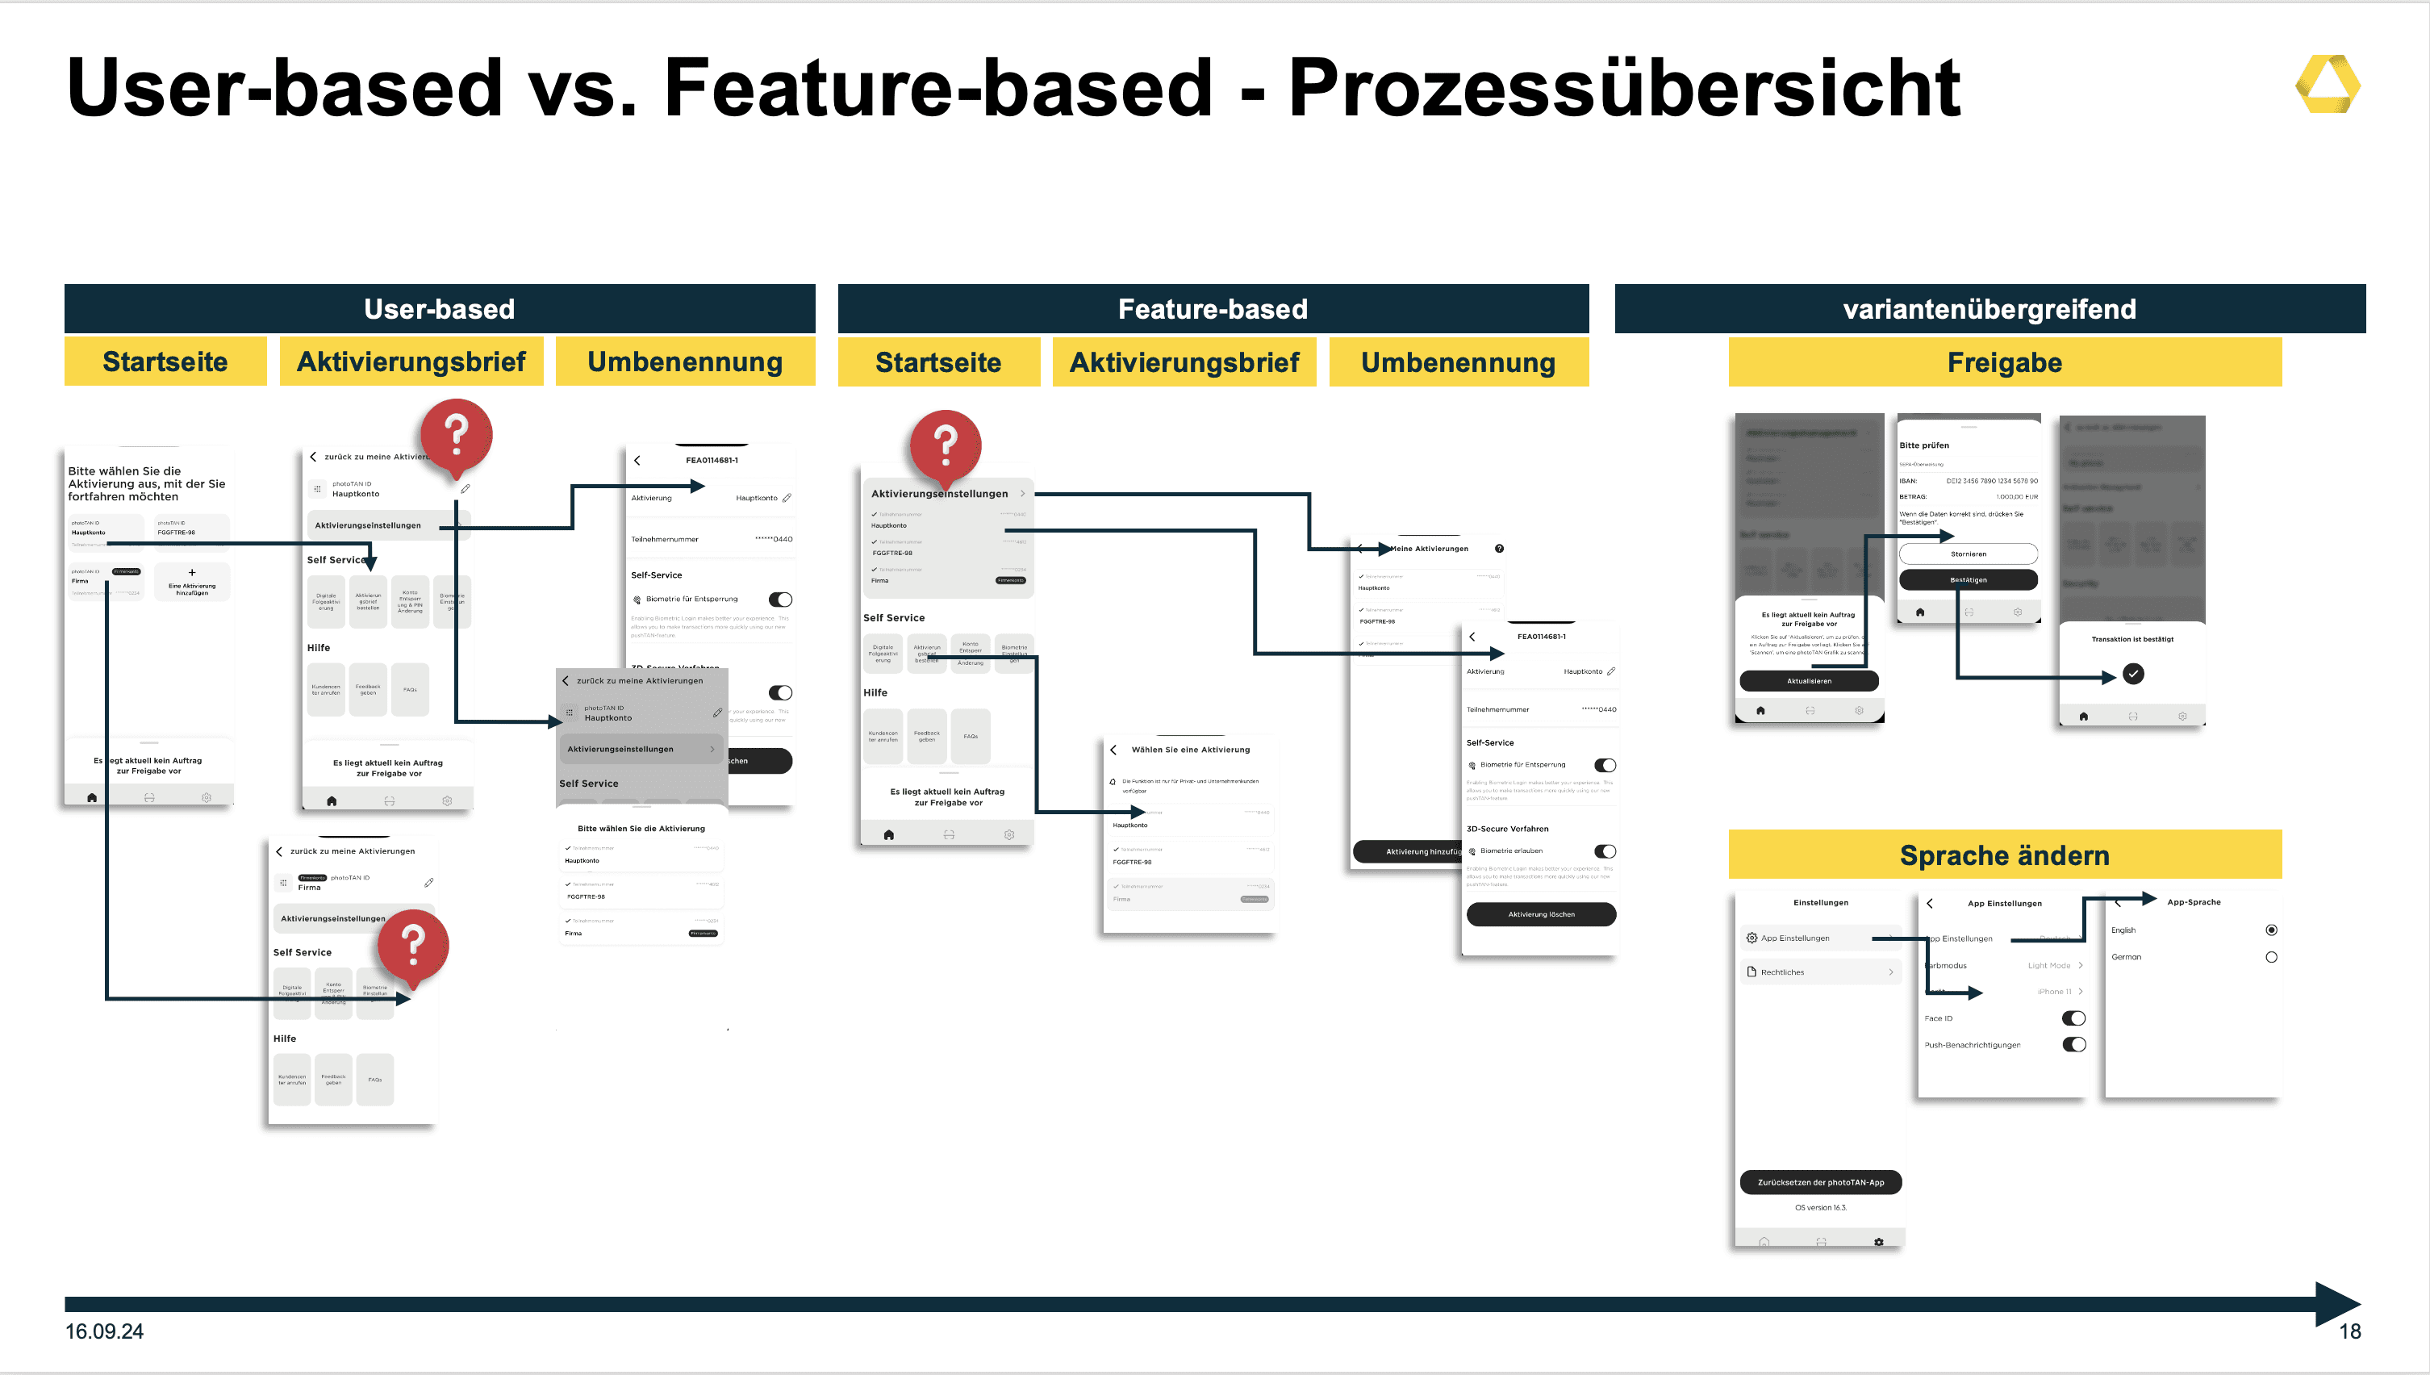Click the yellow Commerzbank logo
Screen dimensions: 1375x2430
(2327, 85)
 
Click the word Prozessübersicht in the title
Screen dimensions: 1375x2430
(1624, 88)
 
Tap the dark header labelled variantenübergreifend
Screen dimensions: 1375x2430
(1990, 309)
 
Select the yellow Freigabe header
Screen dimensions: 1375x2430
(2004, 362)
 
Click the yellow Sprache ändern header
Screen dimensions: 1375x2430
(2004, 855)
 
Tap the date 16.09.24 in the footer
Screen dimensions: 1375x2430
(104, 1331)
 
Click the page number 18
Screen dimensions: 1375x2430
(2349, 1331)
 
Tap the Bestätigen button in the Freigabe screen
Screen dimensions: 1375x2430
(1968, 580)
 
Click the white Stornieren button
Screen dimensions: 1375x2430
(1968, 554)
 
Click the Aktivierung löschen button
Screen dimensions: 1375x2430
(1541, 914)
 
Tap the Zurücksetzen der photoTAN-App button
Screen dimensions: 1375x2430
(1820, 1181)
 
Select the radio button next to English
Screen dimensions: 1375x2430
(2270, 930)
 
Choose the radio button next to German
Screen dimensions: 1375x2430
(2270, 957)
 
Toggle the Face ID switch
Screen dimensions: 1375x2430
(2073, 1018)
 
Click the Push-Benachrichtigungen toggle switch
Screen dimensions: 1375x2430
(2073, 1044)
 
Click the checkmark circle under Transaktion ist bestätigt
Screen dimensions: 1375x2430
(2132, 673)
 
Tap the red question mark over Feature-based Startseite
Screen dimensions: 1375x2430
(945, 441)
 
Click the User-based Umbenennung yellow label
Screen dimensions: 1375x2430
(684, 362)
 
